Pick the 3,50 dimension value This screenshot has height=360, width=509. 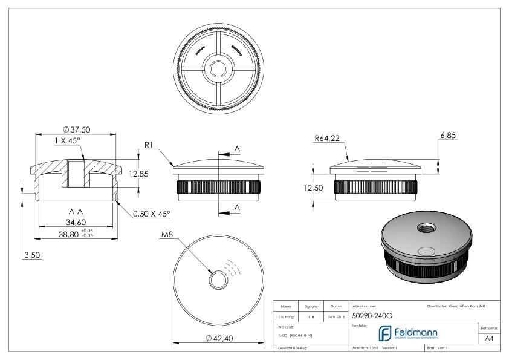pyautogui.click(x=31, y=256)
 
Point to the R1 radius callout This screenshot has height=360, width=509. pyautogui.click(x=151, y=145)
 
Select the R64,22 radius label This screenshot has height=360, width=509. pyautogui.click(x=327, y=139)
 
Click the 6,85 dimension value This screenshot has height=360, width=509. pyautogui.click(x=447, y=136)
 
